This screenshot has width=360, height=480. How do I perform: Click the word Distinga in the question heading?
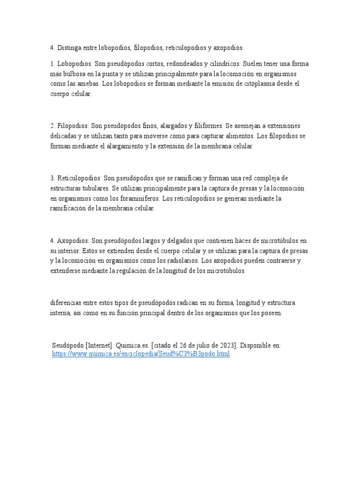[x=70, y=48]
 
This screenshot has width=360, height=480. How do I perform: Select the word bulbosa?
[x=81, y=74]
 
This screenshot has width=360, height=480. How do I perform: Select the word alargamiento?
[x=123, y=146]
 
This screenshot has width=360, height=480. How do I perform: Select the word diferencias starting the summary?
[x=67, y=303]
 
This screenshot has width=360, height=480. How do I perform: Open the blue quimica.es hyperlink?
[x=141, y=354]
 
